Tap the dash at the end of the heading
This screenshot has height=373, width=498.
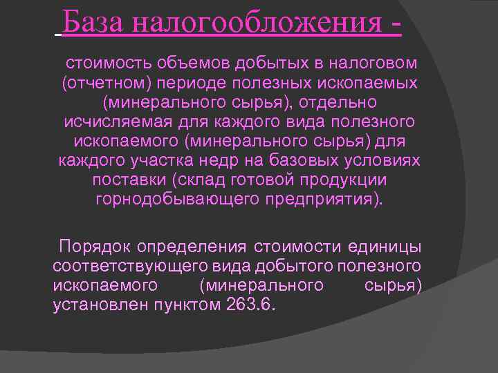tap(396, 26)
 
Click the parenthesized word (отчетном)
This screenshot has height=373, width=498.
tap(106, 84)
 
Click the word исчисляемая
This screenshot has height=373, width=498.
tap(109, 122)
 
